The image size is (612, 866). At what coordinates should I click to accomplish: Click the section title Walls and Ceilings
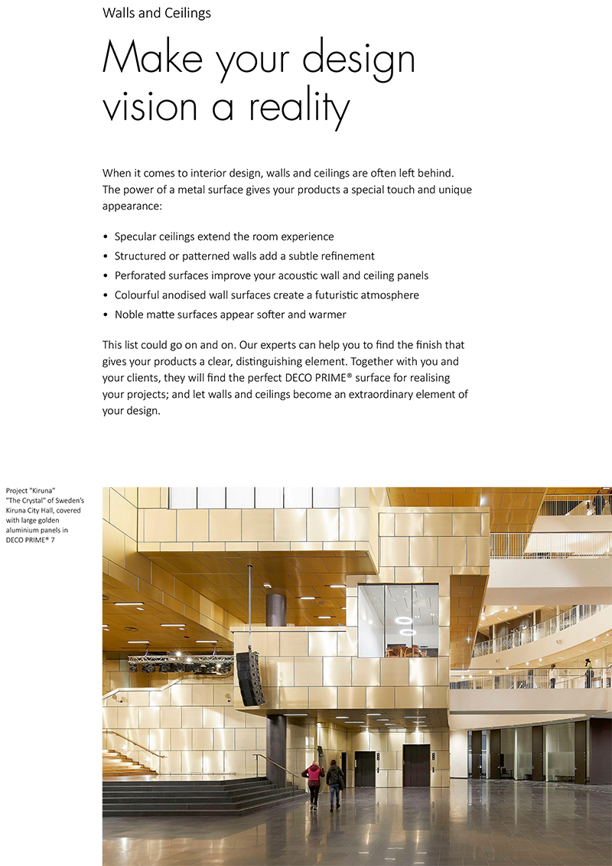(156, 13)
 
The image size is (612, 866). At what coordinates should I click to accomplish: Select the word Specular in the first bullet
(137, 236)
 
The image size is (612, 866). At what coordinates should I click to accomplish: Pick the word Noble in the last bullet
(130, 314)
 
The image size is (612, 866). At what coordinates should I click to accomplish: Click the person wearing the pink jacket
(312, 781)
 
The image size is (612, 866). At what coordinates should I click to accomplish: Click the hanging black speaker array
(250, 677)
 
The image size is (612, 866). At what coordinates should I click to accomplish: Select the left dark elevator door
(365, 769)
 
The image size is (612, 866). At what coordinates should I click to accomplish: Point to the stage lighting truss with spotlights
(180, 663)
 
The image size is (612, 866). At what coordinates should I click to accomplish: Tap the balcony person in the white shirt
(552, 676)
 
